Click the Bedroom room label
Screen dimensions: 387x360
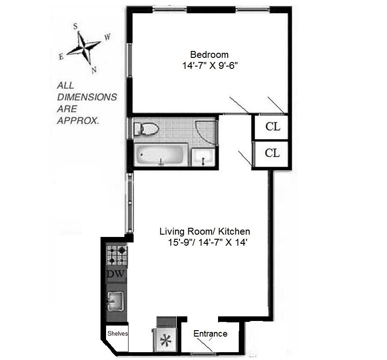[x=209, y=54]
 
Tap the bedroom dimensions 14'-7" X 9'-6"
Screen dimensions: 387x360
[x=210, y=66]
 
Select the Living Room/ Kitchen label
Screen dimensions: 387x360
[x=205, y=231]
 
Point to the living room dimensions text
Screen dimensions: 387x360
[x=208, y=242]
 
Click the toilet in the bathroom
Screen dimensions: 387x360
[x=146, y=129]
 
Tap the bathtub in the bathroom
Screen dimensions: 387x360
[x=160, y=155]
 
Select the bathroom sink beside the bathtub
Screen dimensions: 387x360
[x=203, y=157]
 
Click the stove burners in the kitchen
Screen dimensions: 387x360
[x=117, y=254]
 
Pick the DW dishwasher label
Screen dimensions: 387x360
[x=116, y=273]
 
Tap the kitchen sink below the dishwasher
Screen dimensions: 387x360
[x=115, y=301]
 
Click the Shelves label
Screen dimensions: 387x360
[x=118, y=333]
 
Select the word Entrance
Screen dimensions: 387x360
[x=210, y=333]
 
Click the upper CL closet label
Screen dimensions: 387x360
[x=273, y=127]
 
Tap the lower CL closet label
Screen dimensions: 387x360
[x=272, y=153]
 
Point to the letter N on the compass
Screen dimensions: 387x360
[x=94, y=70]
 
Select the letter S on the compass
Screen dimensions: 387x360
[x=75, y=26]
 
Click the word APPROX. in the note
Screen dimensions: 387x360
[x=78, y=121]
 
